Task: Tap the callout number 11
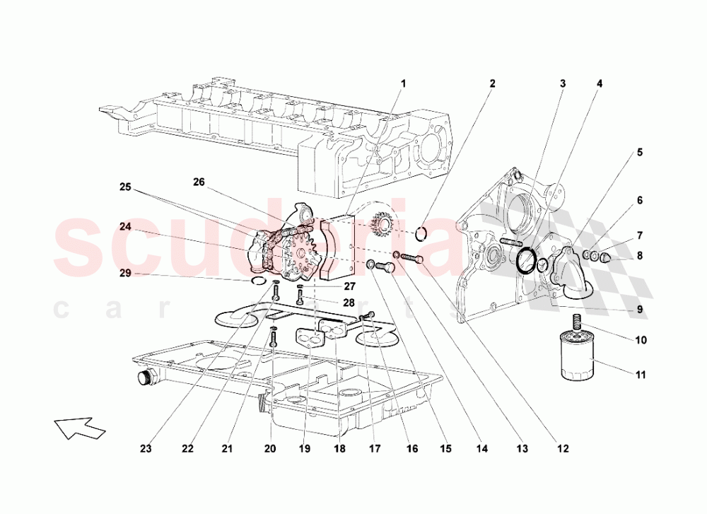pyautogui.click(x=640, y=375)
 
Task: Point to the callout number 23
pyautogui.click(x=146, y=448)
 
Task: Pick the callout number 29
pyautogui.click(x=124, y=272)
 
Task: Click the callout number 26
pyautogui.click(x=199, y=182)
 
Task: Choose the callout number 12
pyautogui.click(x=562, y=448)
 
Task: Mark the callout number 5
pyautogui.click(x=639, y=152)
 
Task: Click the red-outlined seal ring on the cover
pyautogui.click(x=526, y=259)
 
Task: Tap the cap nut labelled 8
pyautogui.click(x=607, y=256)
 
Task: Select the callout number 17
pyautogui.click(x=375, y=448)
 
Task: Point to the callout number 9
pyautogui.click(x=639, y=309)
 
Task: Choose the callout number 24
pyautogui.click(x=125, y=227)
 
